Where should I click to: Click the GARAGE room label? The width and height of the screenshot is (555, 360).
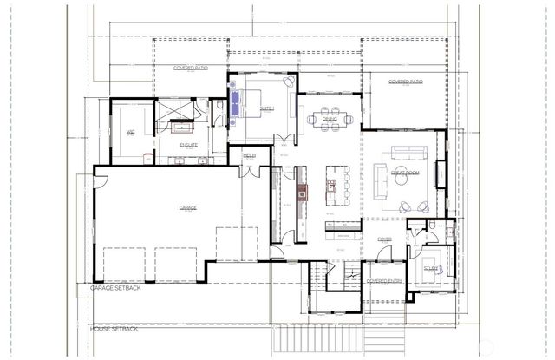188,208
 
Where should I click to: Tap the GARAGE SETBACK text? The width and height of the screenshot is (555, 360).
116,288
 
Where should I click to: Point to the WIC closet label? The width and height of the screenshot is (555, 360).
131,133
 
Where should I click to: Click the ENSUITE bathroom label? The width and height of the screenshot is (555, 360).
188,145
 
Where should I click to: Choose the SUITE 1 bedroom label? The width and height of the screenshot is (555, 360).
266,109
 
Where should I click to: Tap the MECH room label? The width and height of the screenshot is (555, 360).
249,155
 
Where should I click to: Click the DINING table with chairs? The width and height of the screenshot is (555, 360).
330,117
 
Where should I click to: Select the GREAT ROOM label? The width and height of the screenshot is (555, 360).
405,173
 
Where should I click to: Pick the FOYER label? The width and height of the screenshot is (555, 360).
384,239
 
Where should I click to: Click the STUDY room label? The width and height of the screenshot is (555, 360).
431,269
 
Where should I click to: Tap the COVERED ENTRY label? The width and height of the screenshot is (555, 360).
383,281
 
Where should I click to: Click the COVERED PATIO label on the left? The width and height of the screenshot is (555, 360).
190,67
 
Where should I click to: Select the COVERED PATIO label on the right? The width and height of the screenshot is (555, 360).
405,82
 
